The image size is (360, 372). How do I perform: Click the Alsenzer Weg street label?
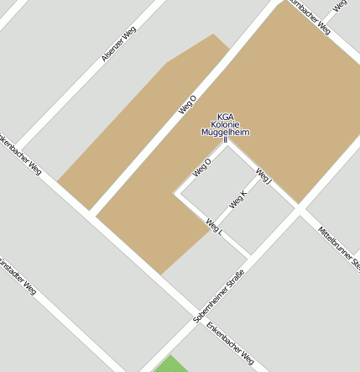coord(118,44)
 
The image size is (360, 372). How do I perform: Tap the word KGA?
coord(226,117)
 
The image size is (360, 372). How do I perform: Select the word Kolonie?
coord(226,125)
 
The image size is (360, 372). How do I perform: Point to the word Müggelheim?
coord(226,133)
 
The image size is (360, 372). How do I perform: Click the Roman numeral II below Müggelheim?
coord(226,140)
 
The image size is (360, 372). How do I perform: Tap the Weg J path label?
coord(263,176)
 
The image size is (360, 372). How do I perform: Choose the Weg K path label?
coord(237,200)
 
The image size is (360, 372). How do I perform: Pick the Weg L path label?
coord(214,225)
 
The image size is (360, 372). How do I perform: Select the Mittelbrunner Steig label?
coord(341,249)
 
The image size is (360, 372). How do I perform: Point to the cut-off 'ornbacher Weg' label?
coord(310,17)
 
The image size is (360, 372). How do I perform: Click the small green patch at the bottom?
coord(172,364)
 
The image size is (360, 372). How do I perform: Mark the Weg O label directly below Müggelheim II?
coord(202,167)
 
